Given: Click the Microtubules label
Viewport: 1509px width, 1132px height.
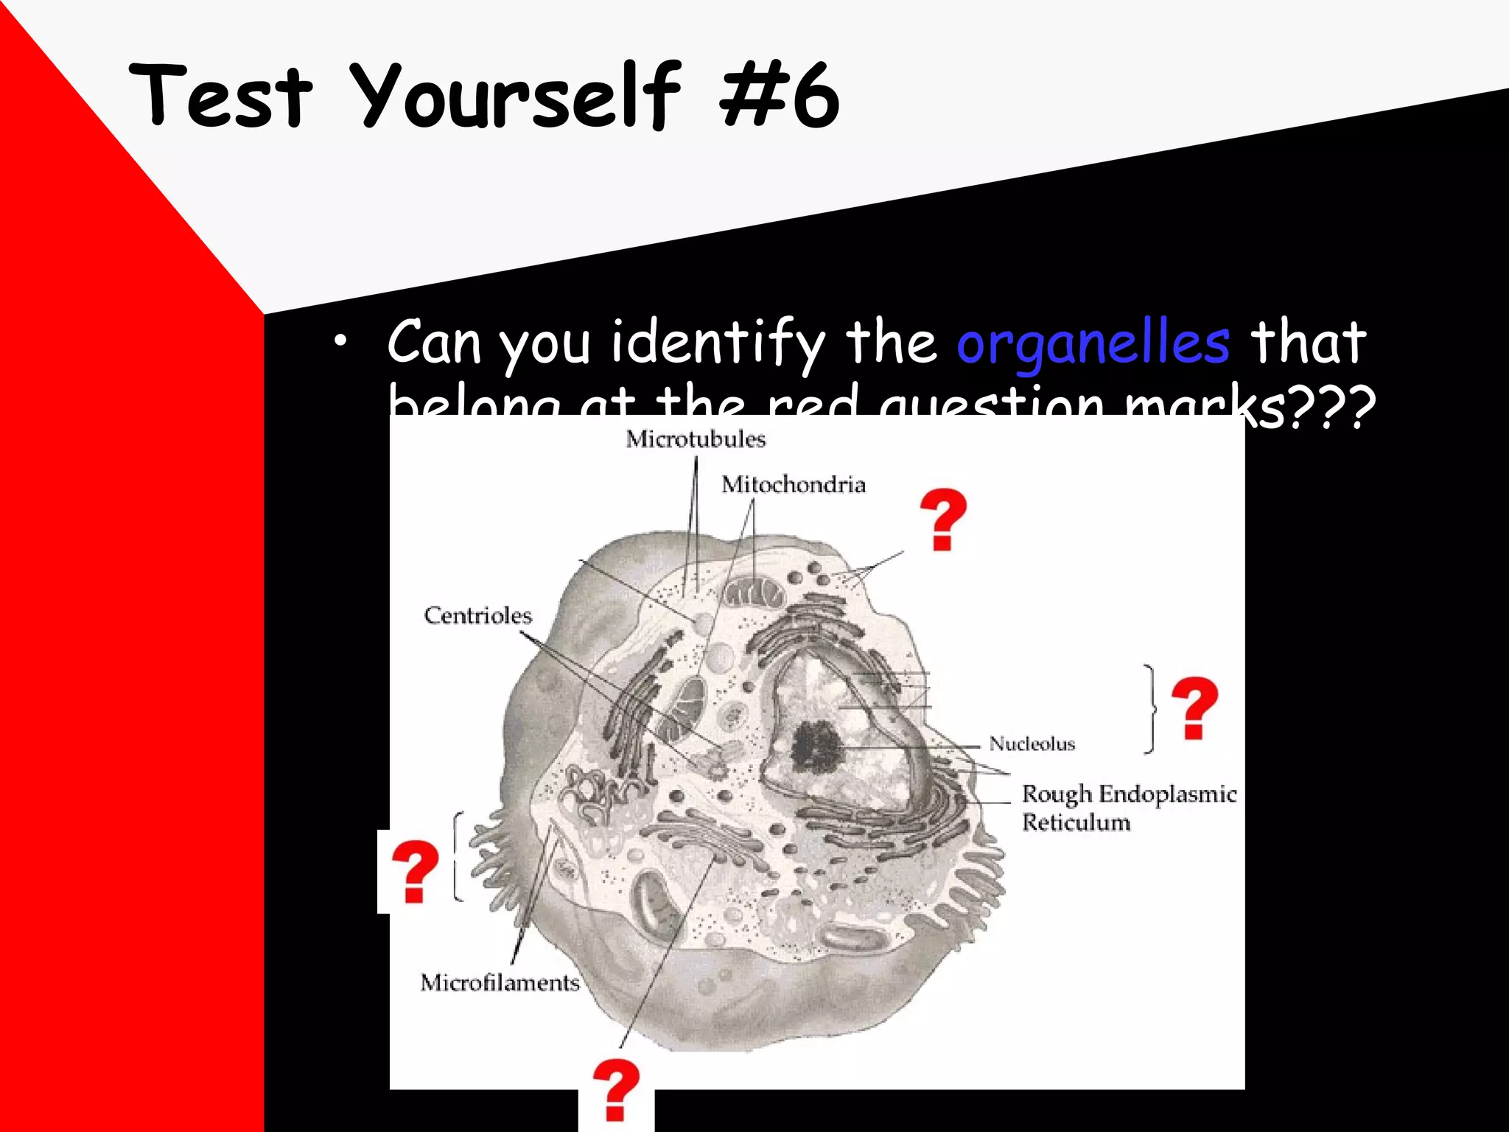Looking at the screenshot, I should (696, 439).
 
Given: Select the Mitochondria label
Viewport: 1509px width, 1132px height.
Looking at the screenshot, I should (793, 485).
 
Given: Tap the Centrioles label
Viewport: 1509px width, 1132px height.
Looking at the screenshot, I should (477, 615).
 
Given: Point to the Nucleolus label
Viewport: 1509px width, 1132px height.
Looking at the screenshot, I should (1032, 744).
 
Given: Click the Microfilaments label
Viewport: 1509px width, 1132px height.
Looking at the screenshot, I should (500, 982).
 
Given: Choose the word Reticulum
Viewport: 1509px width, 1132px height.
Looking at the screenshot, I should (1076, 822).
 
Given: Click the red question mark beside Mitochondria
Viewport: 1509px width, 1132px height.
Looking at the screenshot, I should (942, 519).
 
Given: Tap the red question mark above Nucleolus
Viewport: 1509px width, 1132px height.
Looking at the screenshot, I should (1194, 707).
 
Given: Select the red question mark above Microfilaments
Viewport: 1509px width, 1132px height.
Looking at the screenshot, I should (414, 871).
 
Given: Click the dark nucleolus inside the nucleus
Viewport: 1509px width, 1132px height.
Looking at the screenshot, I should (816, 745).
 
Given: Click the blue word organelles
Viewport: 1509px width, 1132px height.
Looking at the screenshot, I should (1093, 343).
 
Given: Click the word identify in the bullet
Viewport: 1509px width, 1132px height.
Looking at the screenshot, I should (718, 343).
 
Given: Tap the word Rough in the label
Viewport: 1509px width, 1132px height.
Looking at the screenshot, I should (1057, 794).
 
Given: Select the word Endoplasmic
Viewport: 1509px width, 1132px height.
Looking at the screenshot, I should (1167, 794).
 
